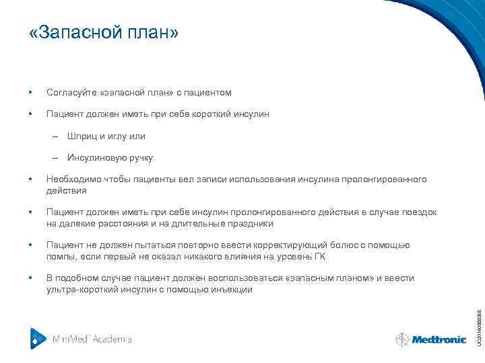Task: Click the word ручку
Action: [139, 158]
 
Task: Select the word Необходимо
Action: [71, 179]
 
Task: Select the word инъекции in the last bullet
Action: [233, 289]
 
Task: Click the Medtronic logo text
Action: [439, 339]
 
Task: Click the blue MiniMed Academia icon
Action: [38, 338]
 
